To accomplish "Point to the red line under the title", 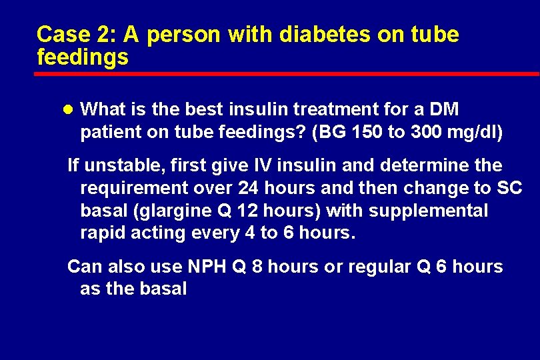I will [x=287, y=74].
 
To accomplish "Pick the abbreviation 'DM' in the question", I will [x=445, y=109].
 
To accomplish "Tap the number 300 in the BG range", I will [x=427, y=132].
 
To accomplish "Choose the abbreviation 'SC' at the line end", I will [x=509, y=189].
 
